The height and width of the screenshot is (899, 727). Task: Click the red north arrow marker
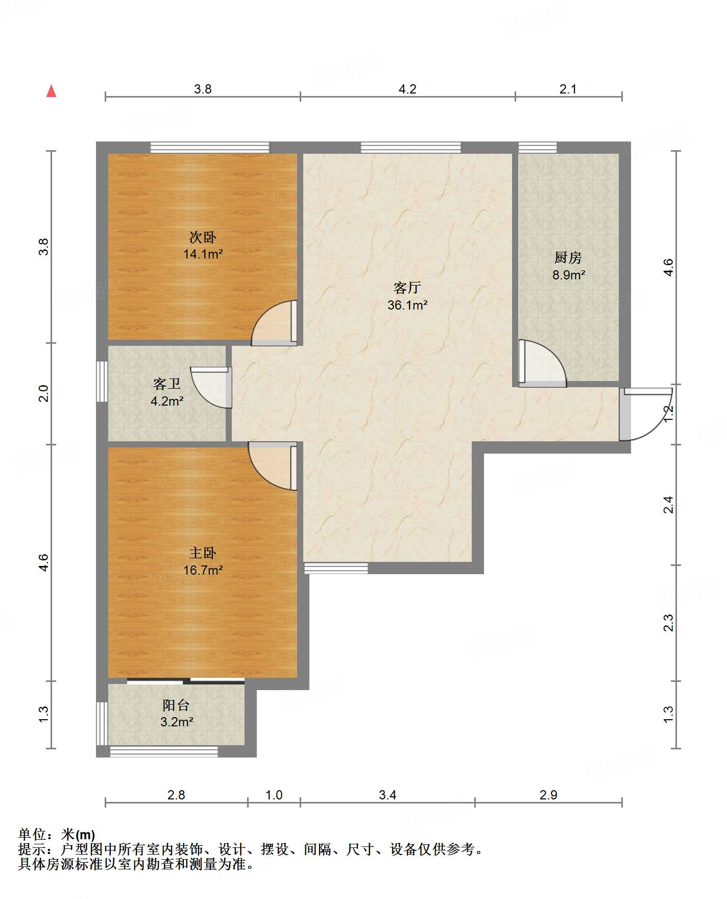(x=51, y=91)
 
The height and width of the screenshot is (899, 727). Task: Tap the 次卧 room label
(x=203, y=237)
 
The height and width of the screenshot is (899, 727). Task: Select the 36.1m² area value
(x=407, y=305)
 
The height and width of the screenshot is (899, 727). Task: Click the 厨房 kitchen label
(x=568, y=258)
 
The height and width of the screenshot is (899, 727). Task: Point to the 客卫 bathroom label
(x=167, y=384)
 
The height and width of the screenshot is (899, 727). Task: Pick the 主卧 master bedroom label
(x=203, y=553)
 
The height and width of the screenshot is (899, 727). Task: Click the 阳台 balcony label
(x=176, y=705)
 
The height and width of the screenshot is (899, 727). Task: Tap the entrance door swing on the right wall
(x=645, y=414)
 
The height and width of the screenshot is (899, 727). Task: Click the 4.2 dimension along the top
(x=407, y=89)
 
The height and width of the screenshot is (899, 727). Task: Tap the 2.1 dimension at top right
(x=568, y=89)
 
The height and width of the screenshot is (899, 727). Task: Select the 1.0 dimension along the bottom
(x=274, y=795)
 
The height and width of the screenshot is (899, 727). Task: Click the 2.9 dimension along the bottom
(x=548, y=795)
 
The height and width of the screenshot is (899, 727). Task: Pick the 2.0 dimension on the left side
(x=44, y=393)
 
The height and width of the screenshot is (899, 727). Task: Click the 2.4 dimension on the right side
(x=668, y=505)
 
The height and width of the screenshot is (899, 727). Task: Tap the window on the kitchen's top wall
(x=538, y=148)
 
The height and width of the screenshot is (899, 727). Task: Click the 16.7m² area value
(x=203, y=570)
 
